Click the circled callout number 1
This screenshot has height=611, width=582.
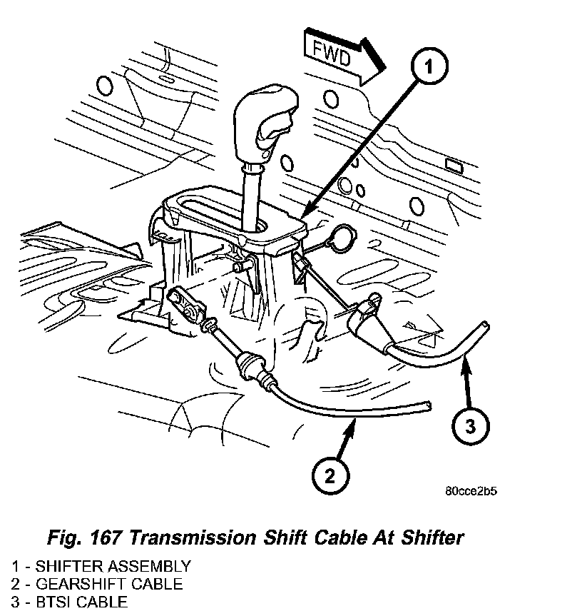click(428, 68)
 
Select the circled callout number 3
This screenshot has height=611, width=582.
click(469, 427)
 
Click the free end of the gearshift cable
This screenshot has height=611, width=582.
click(427, 405)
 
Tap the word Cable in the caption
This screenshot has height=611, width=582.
click(325, 537)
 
